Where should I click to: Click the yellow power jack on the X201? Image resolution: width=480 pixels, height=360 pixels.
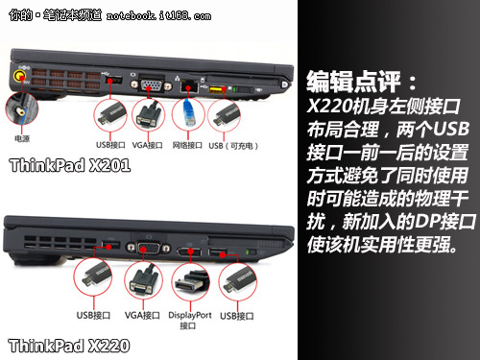(20, 77)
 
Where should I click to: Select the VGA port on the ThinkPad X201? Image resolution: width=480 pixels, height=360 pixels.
(151, 85)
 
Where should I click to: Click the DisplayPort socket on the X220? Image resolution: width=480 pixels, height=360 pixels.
(189, 252)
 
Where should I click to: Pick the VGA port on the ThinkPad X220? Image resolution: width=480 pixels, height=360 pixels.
(149, 248)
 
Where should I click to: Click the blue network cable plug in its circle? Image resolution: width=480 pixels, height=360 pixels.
(189, 113)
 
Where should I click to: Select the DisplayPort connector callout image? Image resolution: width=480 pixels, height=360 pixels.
(191, 282)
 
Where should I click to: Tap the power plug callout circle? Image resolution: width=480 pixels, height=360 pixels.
(22, 108)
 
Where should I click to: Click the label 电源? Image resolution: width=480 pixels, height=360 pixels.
(22, 138)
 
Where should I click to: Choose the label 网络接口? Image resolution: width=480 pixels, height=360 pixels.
(187, 145)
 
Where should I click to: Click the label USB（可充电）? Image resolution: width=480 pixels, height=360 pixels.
(233, 146)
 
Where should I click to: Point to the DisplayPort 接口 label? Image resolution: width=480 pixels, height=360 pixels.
(190, 321)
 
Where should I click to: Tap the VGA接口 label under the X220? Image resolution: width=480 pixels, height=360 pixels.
(142, 316)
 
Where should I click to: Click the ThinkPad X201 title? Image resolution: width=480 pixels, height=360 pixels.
(70, 165)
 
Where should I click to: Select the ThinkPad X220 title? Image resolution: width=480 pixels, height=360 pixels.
(69, 346)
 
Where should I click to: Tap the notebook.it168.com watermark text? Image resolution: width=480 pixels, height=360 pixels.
(158, 15)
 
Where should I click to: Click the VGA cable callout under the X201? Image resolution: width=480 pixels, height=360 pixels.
(149, 115)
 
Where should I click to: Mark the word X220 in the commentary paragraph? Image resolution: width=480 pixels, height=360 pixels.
(329, 106)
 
